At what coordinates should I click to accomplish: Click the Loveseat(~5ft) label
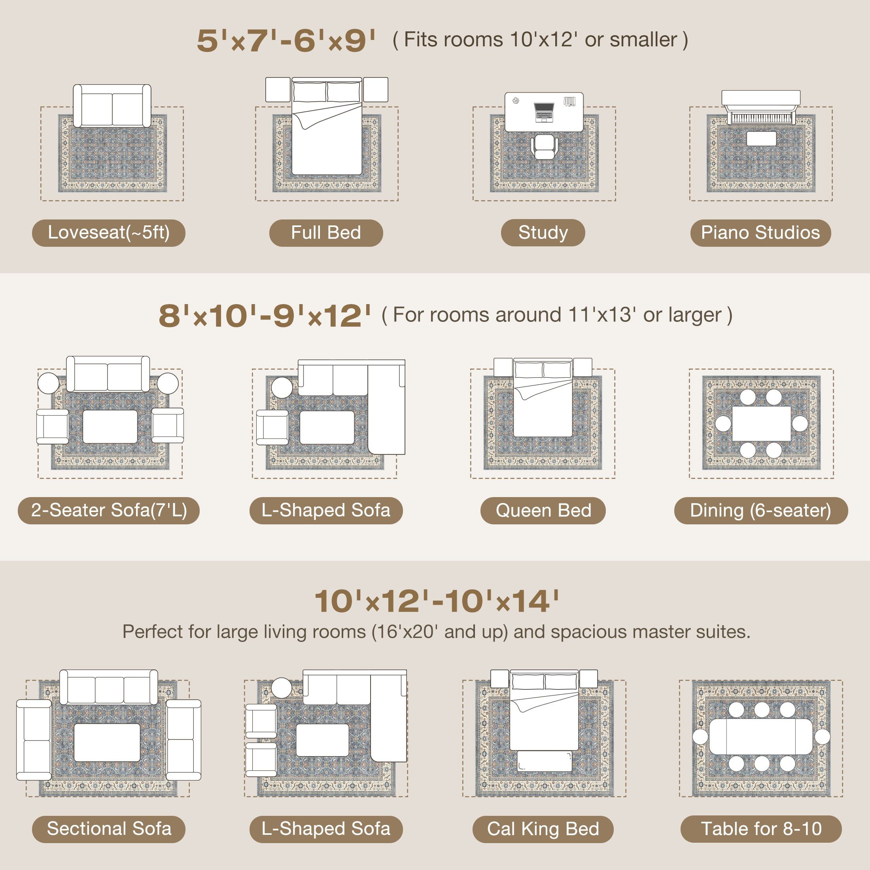coord(108,233)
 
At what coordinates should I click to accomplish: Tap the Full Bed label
coord(326,233)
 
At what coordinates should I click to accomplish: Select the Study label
coord(543,233)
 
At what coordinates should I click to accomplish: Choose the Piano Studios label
coord(760,233)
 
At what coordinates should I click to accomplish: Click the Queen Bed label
coord(543,511)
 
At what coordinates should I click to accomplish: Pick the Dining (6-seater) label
coord(761,511)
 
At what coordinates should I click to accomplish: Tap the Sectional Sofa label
coord(108,829)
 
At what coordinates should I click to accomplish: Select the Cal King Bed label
coord(543,829)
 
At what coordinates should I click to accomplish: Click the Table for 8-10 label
coord(761,829)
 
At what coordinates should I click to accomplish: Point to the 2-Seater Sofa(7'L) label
coord(108,511)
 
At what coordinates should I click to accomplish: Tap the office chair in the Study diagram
coord(545,146)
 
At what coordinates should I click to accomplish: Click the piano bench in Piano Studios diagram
coord(761,139)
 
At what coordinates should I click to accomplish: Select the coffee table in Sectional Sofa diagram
coord(107,743)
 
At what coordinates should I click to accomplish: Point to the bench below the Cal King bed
coord(545,761)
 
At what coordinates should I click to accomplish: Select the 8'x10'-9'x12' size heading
coord(265,315)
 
